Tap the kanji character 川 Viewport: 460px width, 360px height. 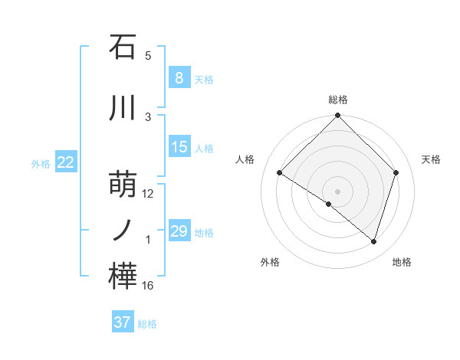pyautogui.click(x=123, y=108)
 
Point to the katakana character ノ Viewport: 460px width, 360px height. pyautogui.click(x=123, y=231)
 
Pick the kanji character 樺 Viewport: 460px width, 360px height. pyautogui.click(x=123, y=277)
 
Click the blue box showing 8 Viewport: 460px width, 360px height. pyautogui.click(x=179, y=77)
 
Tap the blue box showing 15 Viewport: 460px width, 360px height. pyautogui.click(x=179, y=147)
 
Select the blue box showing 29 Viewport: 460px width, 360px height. pyautogui.click(x=179, y=231)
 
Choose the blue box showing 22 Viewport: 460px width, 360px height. pyautogui.click(x=66, y=162)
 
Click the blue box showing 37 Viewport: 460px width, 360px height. pyautogui.click(x=123, y=322)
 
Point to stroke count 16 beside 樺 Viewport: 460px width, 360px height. pyautogui.click(x=148, y=286)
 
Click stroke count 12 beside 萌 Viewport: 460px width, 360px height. pyautogui.click(x=148, y=194)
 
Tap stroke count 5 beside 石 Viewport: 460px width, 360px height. pyautogui.click(x=148, y=56)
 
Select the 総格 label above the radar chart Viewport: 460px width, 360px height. pyautogui.click(x=338, y=100)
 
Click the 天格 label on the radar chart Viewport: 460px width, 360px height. pyautogui.click(x=431, y=159)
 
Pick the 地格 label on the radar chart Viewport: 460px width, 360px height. pyautogui.click(x=402, y=262)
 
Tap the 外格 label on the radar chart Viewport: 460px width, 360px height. pyautogui.click(x=270, y=262)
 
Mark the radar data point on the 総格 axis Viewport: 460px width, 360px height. pyautogui.click(x=338, y=116)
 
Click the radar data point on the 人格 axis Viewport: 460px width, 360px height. pyautogui.click(x=280, y=173)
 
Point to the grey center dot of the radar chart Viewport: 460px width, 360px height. pyautogui.click(x=338, y=191)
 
